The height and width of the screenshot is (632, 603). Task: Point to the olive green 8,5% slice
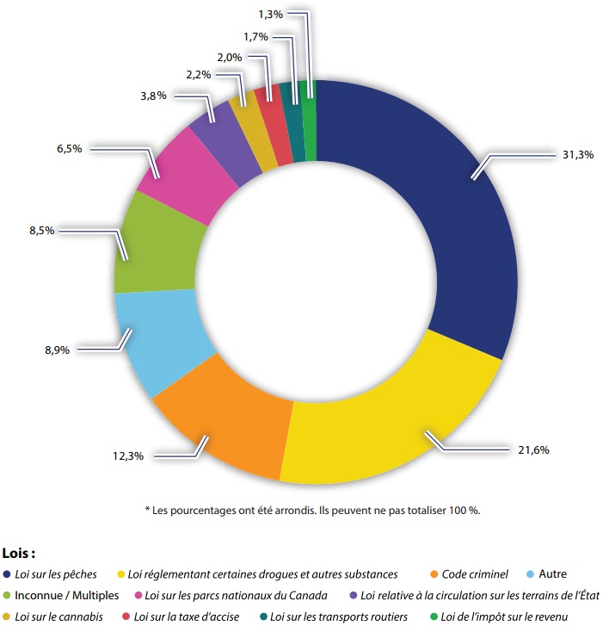tap(155, 245)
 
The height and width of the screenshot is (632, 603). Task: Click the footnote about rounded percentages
tap(311, 511)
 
